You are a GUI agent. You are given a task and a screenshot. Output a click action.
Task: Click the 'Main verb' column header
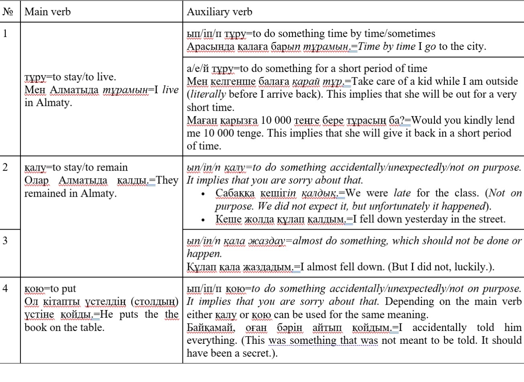coord(47,12)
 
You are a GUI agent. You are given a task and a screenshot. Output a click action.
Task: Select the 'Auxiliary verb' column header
coord(219,12)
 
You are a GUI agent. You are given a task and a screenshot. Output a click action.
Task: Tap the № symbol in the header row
coord(8,12)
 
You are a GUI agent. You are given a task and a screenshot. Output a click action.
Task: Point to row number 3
coord(5,240)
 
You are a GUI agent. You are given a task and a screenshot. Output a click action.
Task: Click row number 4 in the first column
coord(5,288)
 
